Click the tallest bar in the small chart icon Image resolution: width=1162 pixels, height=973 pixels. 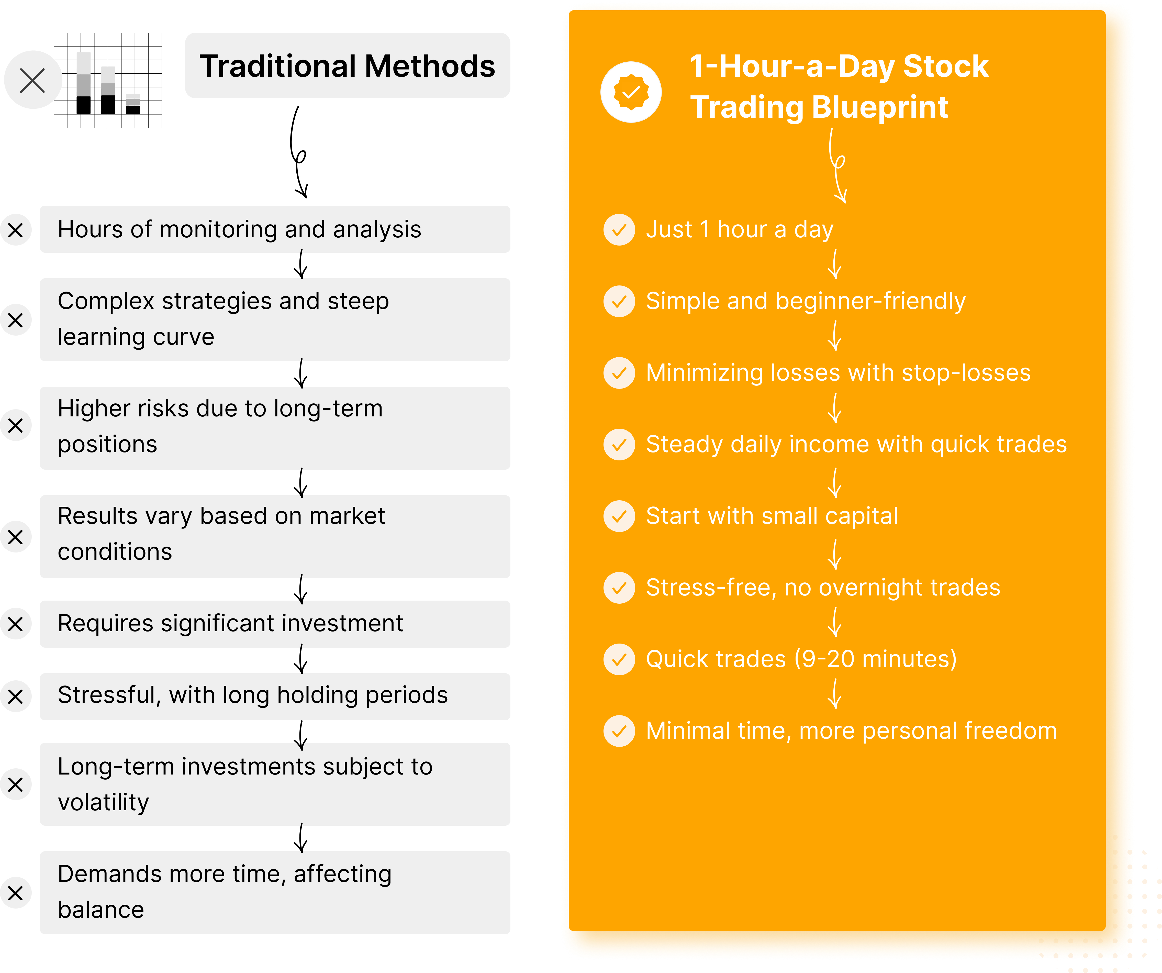[x=84, y=83]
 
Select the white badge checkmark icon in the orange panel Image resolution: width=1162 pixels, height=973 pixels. [x=631, y=92]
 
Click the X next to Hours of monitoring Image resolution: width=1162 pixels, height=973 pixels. [x=16, y=230]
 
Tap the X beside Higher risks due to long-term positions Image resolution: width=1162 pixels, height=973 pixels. [x=16, y=425]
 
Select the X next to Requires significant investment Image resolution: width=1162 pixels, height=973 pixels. [x=16, y=624]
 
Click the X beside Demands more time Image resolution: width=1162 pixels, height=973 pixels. [x=16, y=893]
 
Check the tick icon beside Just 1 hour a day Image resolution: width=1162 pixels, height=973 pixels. [x=619, y=230]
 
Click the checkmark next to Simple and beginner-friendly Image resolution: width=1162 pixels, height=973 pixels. [x=619, y=301]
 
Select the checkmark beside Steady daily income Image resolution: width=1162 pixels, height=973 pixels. [x=619, y=445]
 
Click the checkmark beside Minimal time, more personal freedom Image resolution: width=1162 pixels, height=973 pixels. [x=619, y=731]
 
